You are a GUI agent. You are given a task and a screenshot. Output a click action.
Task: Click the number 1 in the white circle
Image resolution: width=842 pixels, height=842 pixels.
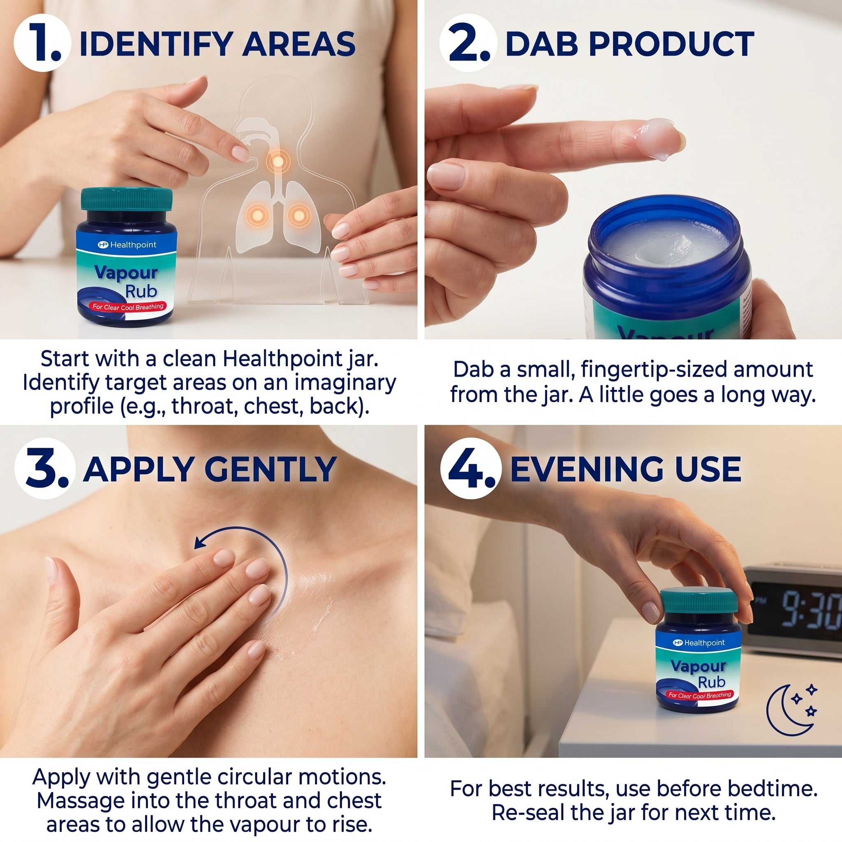click(x=42, y=43)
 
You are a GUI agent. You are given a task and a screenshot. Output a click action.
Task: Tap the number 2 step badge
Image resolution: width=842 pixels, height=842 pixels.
click(x=468, y=43)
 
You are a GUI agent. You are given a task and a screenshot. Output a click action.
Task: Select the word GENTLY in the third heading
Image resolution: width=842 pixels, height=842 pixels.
click(x=270, y=470)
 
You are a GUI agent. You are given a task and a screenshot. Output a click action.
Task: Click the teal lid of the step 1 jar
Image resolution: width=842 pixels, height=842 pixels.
click(x=126, y=199)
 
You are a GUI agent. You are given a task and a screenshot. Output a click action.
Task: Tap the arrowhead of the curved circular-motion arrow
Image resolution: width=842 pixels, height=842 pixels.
click(x=200, y=543)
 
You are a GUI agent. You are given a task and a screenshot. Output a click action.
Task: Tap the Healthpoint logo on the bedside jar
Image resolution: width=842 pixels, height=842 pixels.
click(x=698, y=643)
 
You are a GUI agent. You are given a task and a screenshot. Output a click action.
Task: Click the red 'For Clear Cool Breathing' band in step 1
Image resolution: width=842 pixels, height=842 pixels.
click(x=128, y=307)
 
